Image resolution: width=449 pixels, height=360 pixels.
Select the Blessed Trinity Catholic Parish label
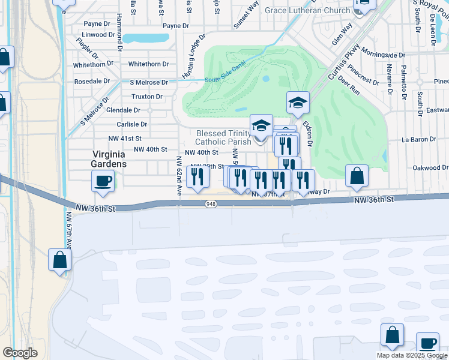tap(223, 137)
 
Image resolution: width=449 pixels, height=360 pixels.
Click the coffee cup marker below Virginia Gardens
tap(103, 180)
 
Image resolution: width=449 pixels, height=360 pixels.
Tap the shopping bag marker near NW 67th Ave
tap(60, 260)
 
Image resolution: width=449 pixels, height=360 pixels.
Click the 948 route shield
tap(211, 204)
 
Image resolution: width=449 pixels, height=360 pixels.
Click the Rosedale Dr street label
tap(92, 81)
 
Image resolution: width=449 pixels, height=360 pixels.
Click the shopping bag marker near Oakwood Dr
tap(357, 176)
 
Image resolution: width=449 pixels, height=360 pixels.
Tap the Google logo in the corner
tap(20, 353)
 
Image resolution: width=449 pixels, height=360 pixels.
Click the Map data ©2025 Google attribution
tap(412, 355)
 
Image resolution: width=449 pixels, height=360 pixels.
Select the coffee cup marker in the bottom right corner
tap(427, 343)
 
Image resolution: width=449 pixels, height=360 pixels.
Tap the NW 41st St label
tap(121, 138)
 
